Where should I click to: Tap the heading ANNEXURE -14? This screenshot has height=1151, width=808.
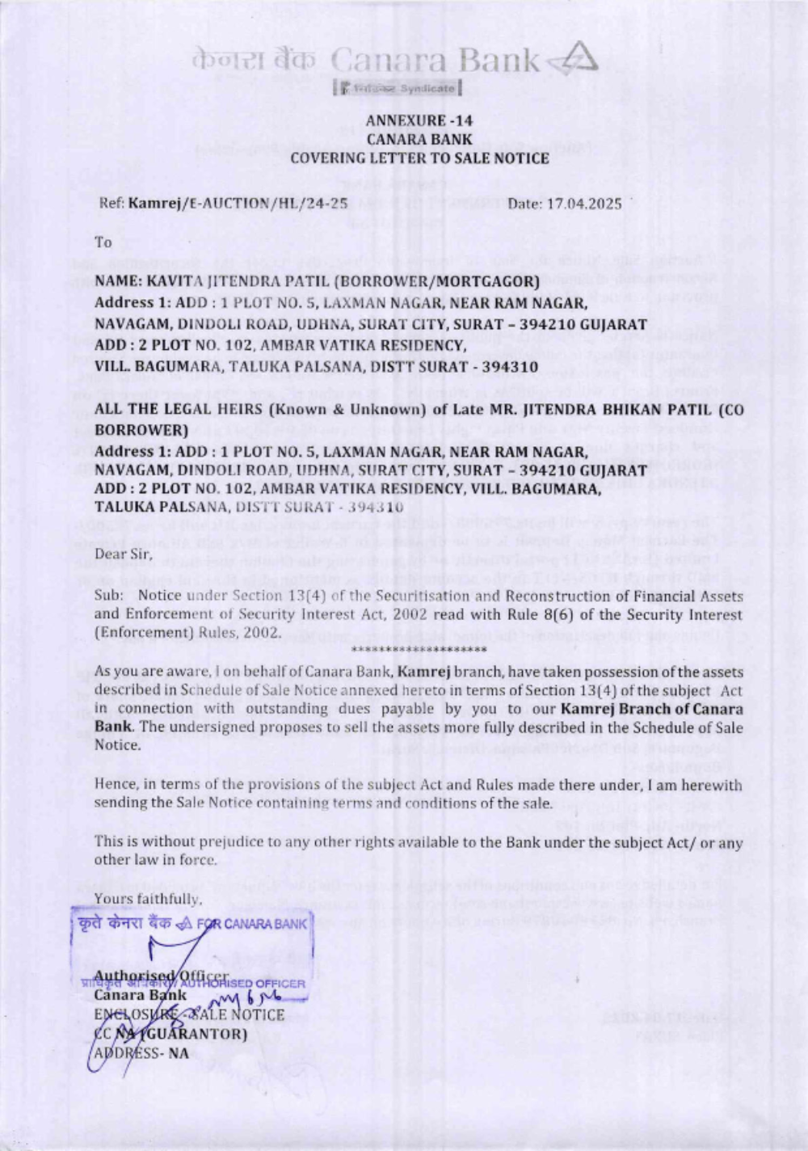[419, 121]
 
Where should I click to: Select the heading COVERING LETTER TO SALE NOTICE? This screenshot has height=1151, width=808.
[419, 158]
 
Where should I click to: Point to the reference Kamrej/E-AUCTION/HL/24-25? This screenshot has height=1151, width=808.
[238, 204]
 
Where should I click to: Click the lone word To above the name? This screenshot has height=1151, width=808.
[103, 242]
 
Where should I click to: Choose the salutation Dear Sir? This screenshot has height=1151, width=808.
[124, 554]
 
